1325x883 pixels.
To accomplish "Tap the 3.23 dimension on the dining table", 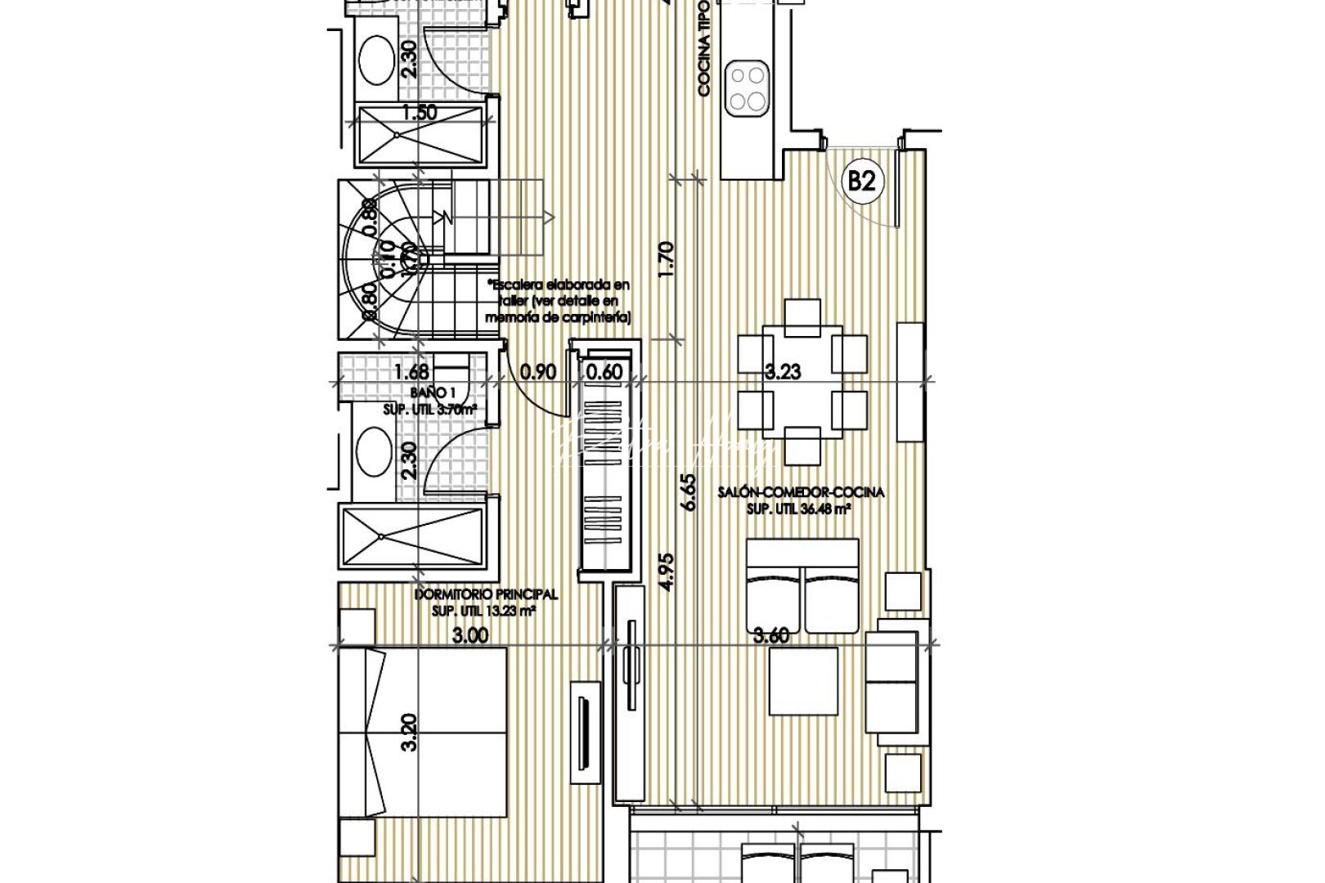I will (782, 372).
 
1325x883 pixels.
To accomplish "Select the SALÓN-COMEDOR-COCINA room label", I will (801, 493).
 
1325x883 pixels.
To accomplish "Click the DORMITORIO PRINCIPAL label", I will (486, 594).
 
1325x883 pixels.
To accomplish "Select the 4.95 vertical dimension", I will (667, 572).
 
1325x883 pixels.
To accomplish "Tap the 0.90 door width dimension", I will (538, 372).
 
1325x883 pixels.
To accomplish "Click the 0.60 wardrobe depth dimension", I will (604, 372).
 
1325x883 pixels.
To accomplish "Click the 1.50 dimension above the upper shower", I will (419, 112).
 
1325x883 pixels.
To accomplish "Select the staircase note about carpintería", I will (559, 301).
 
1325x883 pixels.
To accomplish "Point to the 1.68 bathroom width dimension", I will (411, 372).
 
